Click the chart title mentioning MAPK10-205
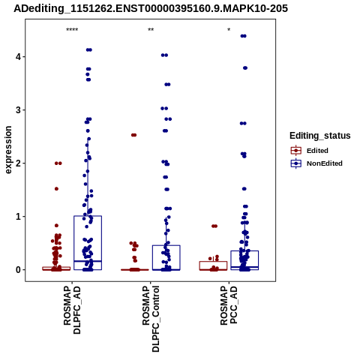click(151, 9)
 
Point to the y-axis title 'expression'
click(8, 150)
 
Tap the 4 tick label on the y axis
click(18, 57)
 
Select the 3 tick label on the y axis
click(18, 110)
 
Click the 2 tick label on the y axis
click(18, 163)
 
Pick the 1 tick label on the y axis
click(18, 217)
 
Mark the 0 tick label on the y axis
click(18, 270)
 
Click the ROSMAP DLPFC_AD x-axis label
click(72, 310)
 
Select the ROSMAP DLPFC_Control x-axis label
click(151, 319)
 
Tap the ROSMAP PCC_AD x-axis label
click(229, 305)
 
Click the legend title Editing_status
click(320, 136)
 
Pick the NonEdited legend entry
click(316, 163)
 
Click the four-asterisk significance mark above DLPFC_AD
click(72, 30)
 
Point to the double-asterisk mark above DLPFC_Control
click(151, 30)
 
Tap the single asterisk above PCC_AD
click(229, 30)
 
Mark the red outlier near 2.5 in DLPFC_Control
click(133, 135)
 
